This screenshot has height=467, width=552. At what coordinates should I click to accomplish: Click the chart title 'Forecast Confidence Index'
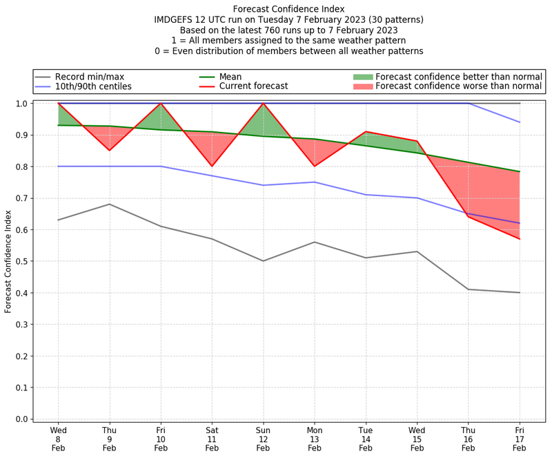coord(288,9)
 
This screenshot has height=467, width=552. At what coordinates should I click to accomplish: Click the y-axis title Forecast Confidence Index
coord(8,261)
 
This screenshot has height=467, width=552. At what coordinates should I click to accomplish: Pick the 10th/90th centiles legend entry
coord(93,86)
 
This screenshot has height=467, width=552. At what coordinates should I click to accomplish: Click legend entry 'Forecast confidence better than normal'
coord(459,77)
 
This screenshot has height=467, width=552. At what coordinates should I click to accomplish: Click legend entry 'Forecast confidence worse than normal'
coord(459,86)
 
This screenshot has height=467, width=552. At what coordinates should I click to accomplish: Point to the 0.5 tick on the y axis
coord(21,261)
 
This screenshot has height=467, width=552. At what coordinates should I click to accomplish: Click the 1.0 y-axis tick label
coord(21,104)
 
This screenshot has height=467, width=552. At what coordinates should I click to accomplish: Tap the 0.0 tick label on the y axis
coord(21,419)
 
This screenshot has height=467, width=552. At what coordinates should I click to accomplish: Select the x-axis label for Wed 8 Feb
coord(58,439)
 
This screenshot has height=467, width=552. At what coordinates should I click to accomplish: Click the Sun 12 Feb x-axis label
coord(263,439)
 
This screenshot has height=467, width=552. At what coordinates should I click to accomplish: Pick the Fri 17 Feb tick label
coord(520,439)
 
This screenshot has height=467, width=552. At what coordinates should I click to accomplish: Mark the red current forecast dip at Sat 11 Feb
coord(212,166)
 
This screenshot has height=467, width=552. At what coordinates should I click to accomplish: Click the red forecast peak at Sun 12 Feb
coord(263,104)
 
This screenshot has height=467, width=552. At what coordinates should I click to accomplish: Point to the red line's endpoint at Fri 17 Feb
coord(520,239)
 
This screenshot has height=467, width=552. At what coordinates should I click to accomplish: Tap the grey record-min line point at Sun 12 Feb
coord(263,261)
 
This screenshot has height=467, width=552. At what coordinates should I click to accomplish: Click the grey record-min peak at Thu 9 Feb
coord(109,204)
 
